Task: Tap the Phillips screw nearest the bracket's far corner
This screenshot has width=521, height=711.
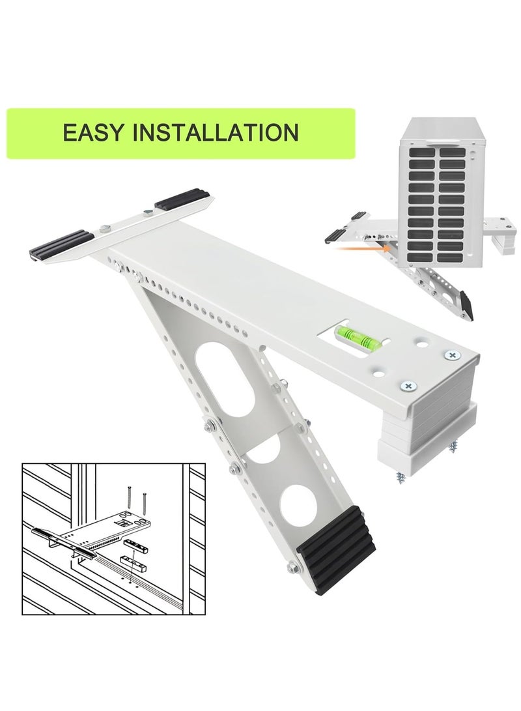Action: coord(451,355)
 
